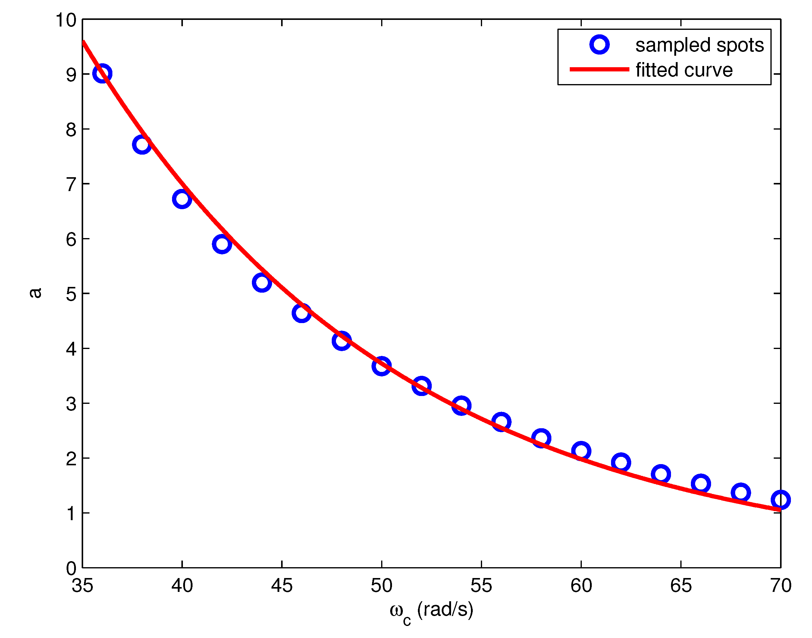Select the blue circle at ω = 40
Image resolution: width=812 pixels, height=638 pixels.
tap(182, 199)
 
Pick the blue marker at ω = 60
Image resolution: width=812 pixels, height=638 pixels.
tap(581, 451)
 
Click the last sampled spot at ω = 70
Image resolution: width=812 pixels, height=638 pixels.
tap(780, 500)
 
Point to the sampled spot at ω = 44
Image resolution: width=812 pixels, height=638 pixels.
tap(262, 282)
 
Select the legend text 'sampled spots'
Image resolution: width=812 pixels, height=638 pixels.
tap(700, 45)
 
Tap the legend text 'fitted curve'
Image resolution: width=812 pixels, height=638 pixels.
tap(684, 70)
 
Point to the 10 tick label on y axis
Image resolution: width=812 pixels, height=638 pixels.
tap(66, 20)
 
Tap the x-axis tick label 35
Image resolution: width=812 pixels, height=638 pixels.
tap(82, 586)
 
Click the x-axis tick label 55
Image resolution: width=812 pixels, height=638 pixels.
tap(481, 586)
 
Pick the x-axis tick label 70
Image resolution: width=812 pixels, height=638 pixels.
tap(781, 586)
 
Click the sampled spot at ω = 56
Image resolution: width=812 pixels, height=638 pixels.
tap(501, 422)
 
